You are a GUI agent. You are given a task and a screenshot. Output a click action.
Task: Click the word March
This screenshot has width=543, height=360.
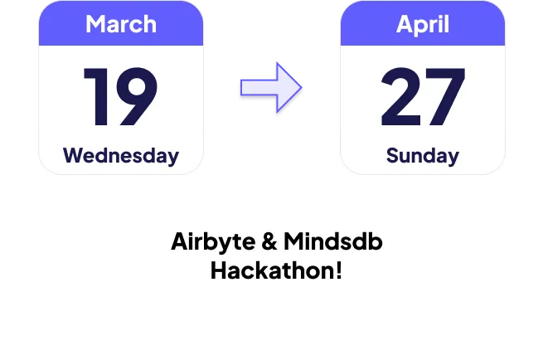click(x=121, y=24)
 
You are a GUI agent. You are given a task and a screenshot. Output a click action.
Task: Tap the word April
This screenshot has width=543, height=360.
click(x=423, y=25)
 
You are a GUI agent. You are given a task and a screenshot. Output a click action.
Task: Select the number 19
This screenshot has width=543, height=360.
click(x=120, y=96)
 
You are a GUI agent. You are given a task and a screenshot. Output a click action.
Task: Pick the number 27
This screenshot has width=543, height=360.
click(x=423, y=96)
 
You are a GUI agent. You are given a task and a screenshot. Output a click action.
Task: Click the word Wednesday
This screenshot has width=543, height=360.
click(x=121, y=155)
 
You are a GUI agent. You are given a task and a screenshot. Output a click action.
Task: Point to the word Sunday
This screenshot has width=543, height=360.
click(x=423, y=156)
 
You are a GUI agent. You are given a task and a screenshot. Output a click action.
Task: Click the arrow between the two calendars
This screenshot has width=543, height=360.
click(x=271, y=87)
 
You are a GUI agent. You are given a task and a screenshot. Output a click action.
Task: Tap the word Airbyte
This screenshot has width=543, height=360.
click(x=213, y=242)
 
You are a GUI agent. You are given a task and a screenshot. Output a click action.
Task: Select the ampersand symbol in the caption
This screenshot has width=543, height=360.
click(x=269, y=241)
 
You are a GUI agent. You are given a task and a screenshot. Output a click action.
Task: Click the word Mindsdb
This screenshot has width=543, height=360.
click(x=333, y=241)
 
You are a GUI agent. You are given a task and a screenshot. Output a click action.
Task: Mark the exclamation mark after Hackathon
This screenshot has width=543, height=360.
click(x=339, y=270)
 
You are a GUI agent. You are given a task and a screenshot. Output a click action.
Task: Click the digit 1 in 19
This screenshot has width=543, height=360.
click(x=97, y=96)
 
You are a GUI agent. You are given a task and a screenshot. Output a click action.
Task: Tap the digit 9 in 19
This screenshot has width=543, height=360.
click(x=137, y=96)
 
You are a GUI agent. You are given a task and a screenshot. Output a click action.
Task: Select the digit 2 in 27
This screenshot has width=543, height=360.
click(x=400, y=96)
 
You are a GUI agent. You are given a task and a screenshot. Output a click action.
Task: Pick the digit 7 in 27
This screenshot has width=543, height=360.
click(x=445, y=97)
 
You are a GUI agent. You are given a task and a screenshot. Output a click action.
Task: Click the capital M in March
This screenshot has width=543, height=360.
click(x=95, y=24)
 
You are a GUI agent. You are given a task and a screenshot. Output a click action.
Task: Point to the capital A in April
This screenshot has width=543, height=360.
click(x=405, y=24)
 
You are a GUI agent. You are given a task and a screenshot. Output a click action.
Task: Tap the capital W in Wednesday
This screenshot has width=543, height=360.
click(x=74, y=155)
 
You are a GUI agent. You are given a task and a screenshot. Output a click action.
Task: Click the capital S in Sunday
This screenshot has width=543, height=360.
click(x=393, y=155)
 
